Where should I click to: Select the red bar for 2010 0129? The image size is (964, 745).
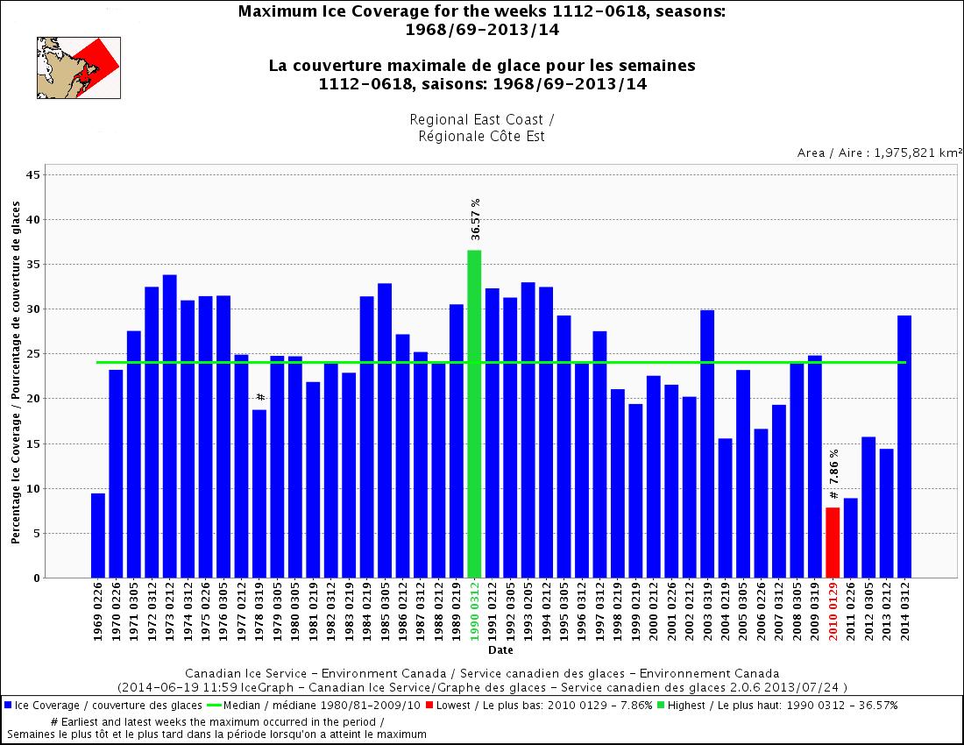point(833,543)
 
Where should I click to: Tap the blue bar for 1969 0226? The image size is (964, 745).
point(98,536)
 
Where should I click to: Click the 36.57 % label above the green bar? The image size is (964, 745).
point(475,219)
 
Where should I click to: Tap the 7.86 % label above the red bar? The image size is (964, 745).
point(833,473)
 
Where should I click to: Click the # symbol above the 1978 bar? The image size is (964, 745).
point(260,397)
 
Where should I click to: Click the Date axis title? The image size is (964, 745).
point(500,650)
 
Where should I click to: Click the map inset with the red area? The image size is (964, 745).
point(78,67)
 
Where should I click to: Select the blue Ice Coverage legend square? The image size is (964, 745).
point(8,705)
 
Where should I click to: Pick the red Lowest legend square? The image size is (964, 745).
point(429,705)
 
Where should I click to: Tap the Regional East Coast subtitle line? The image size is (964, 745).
point(482,118)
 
